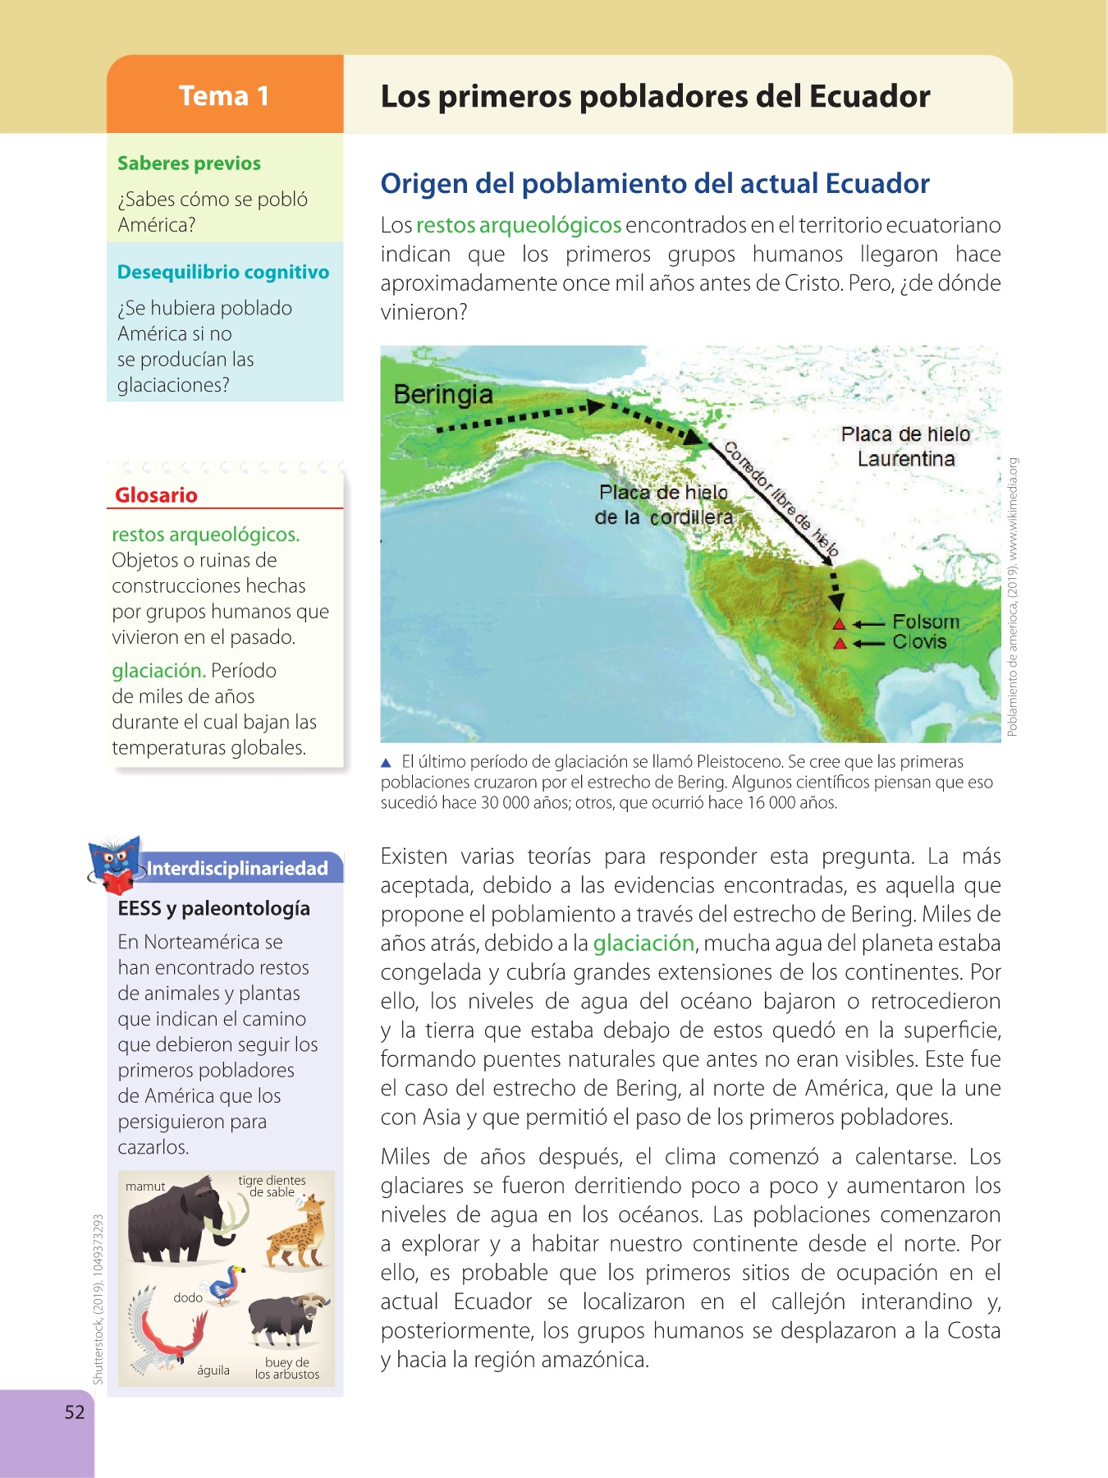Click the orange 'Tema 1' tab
tap(224, 95)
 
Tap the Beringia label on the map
tap(443, 394)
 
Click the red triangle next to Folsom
tap(839, 624)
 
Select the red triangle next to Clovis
tap(839, 644)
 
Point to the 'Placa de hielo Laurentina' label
tap(905, 446)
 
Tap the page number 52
tap(75, 1411)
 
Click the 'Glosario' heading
tap(156, 495)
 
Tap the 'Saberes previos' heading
tap(189, 163)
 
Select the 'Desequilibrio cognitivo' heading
tap(223, 272)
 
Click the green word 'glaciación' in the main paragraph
tap(643, 943)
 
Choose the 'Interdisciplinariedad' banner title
tap(237, 869)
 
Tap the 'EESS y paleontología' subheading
tap(213, 908)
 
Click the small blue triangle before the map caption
tap(387, 763)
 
